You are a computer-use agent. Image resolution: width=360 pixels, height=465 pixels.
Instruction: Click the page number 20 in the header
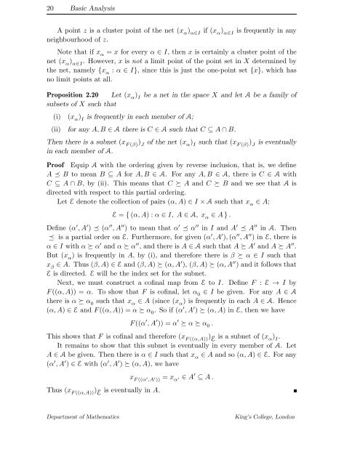point(20,8)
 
